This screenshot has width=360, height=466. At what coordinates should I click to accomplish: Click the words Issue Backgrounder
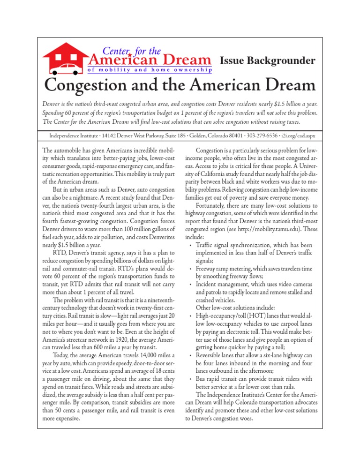pos(267,60)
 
